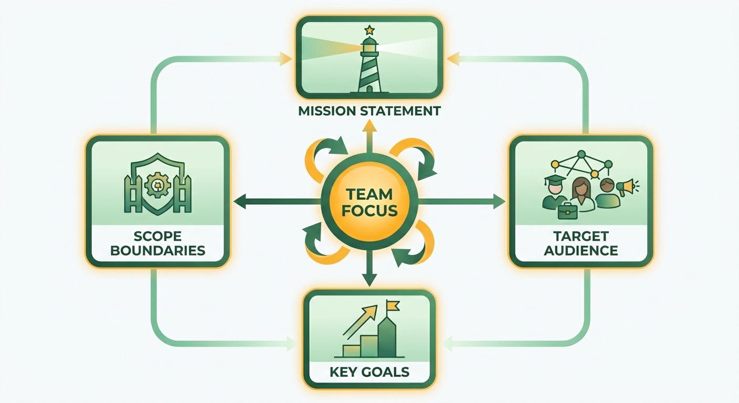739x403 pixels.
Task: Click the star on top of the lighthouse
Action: pyautogui.click(x=369, y=30)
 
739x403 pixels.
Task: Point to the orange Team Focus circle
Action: pyautogui.click(x=369, y=202)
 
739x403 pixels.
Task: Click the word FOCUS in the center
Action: pyautogui.click(x=369, y=211)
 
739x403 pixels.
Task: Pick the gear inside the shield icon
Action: pyautogui.click(x=157, y=186)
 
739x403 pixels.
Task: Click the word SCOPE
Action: pyautogui.click(x=157, y=236)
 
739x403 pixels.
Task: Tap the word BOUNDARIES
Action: pyautogui.click(x=157, y=251)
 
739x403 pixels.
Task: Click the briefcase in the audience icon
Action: pyautogui.click(x=568, y=211)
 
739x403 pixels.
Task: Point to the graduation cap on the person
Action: pyautogui.click(x=555, y=181)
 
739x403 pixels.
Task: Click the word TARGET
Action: pyautogui.click(x=581, y=236)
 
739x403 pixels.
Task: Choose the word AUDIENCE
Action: pyautogui.click(x=581, y=251)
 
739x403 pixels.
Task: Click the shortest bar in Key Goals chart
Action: pyautogui.click(x=352, y=351)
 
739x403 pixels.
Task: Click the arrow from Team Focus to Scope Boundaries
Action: pyautogui.click(x=277, y=201)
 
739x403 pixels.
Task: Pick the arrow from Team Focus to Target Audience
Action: pyautogui.click(x=462, y=201)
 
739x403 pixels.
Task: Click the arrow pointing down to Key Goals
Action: pyautogui.click(x=369, y=268)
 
